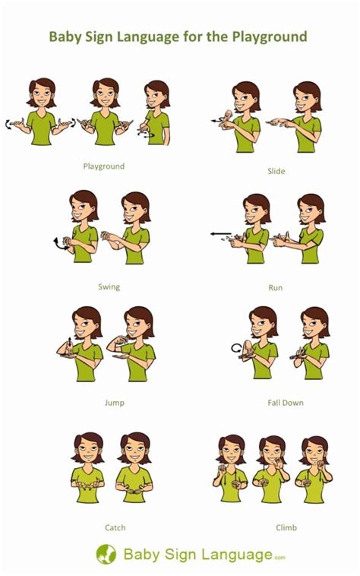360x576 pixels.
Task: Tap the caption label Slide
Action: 276,171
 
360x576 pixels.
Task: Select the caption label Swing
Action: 109,286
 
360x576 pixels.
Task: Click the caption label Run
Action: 276,288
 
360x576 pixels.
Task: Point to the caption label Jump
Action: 114,403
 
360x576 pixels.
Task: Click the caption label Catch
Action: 115,527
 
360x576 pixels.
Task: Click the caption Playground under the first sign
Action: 103,165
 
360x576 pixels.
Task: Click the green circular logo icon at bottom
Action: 106,554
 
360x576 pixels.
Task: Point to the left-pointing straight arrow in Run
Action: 220,235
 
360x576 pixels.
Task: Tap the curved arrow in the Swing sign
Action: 58,243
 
